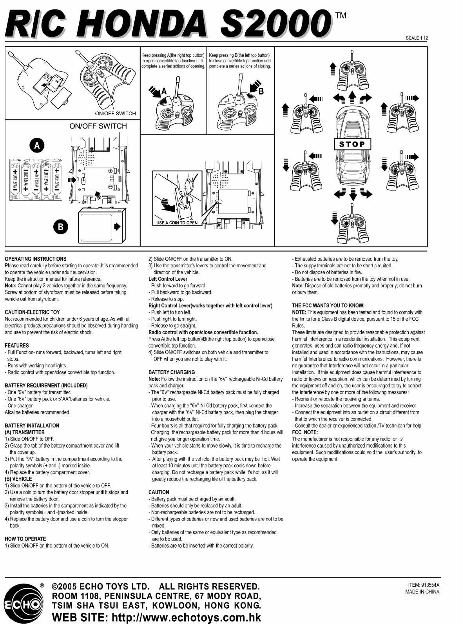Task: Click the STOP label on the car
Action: coord(352,144)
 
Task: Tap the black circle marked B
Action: coord(60,226)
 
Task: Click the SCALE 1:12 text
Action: coord(417,38)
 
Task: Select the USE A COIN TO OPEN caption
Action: coord(177,223)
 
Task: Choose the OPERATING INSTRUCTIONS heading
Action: coord(35,259)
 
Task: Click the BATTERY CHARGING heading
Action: coord(172,372)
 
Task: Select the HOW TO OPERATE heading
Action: coord(25,539)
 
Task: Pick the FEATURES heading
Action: coord(16,346)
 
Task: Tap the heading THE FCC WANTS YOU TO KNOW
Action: coord(328,306)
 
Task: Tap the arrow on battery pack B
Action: coord(117,227)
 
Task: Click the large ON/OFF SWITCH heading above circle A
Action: coord(98,126)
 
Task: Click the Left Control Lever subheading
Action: coord(168,279)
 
